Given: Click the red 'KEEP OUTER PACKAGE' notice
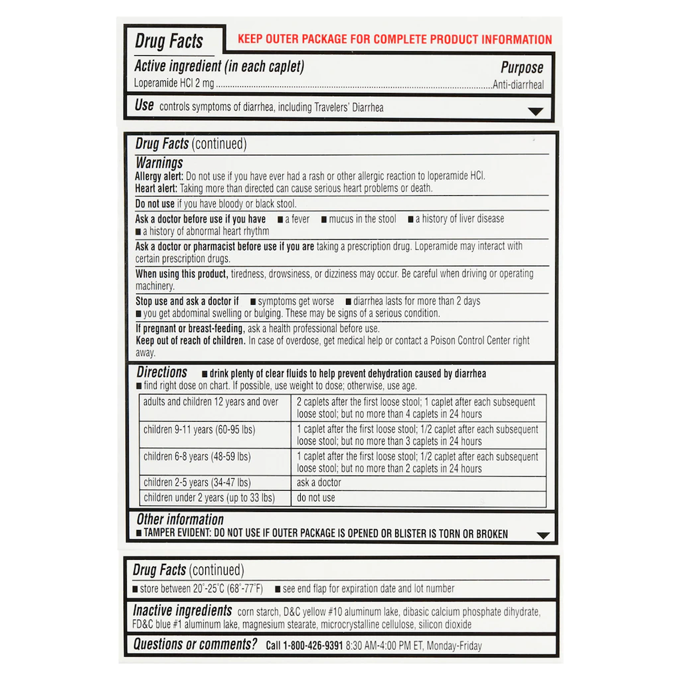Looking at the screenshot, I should point(394,39).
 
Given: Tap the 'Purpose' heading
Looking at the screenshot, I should point(521,68).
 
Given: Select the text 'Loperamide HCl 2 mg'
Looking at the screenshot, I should point(175,84).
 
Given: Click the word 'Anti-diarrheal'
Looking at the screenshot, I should point(518,85).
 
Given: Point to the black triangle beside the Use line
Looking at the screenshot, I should point(535,112).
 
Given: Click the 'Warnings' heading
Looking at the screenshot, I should point(159,163).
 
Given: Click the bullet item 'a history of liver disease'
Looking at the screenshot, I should point(459,218).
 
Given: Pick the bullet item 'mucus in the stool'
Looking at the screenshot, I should point(362,218).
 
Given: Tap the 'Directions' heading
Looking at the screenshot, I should point(162,373).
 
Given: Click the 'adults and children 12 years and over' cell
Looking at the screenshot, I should point(211,402).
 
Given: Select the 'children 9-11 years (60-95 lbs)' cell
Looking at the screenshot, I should point(199,430).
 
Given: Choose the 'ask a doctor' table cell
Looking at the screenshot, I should point(319,483).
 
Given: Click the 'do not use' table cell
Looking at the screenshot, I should point(316,497).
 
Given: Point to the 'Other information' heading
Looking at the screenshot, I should point(180,520).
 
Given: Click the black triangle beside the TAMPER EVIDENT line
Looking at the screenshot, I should point(543,535).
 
